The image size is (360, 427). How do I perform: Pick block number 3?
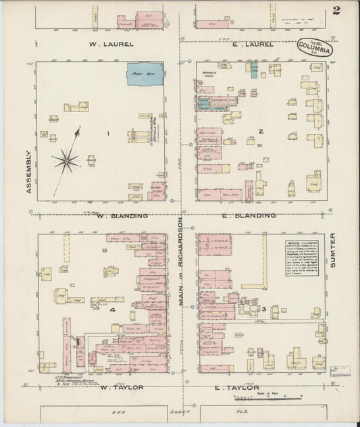pos(265,309)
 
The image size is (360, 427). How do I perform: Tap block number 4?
pos(113,309)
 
